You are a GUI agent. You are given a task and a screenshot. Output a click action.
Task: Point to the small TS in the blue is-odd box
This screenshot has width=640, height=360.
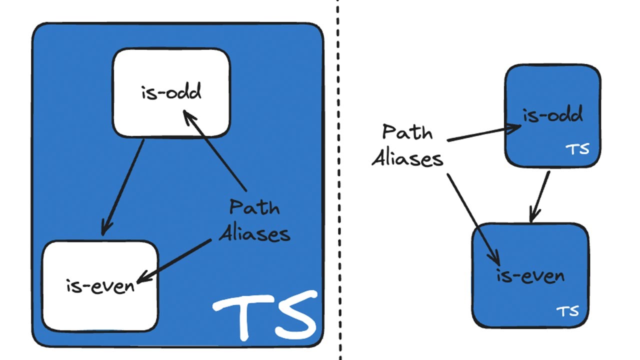click(577, 149)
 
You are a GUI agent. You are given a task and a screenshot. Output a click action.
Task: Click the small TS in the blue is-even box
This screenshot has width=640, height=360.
click(567, 311)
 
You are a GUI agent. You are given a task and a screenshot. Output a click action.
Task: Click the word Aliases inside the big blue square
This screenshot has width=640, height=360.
click(254, 233)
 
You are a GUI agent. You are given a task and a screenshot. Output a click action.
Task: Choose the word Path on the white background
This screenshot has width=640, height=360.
click(407, 132)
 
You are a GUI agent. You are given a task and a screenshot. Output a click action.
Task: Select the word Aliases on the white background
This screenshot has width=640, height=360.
click(407, 158)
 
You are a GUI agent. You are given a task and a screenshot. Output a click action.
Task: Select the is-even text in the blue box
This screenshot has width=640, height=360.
click(530, 276)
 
